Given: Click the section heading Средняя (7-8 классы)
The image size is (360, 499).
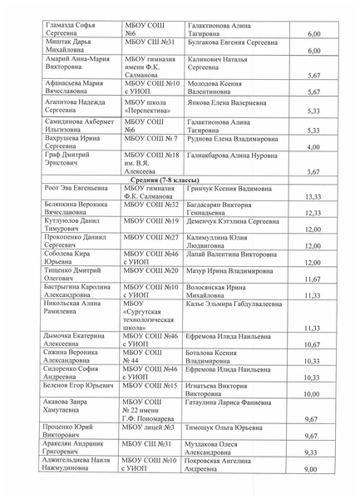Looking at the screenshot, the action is (179, 180).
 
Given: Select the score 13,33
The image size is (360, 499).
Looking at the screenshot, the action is (313, 197).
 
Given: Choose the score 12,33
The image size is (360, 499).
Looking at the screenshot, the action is (313, 214).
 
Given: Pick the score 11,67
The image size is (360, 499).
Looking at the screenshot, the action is (313, 279).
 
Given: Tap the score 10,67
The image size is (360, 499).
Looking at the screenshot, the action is (313, 344).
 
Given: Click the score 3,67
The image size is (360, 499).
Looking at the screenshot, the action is (313, 172).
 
